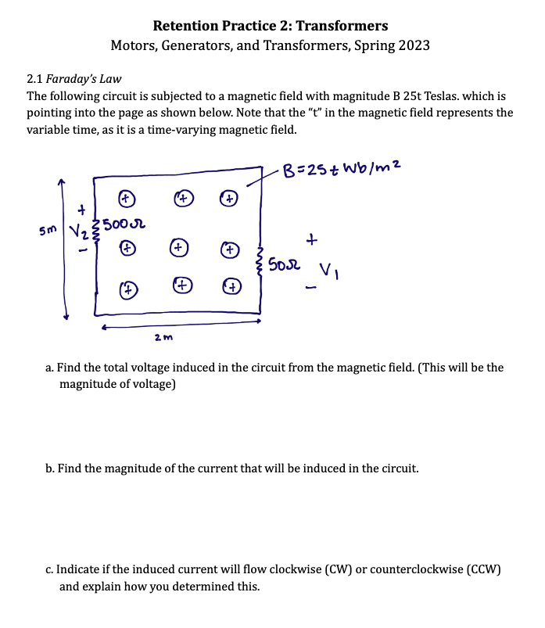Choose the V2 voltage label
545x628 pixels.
(x=79, y=233)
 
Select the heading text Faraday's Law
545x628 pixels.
(x=83, y=78)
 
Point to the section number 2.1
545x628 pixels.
(x=34, y=78)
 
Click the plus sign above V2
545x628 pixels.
(x=81, y=210)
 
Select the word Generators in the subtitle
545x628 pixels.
(x=195, y=45)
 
